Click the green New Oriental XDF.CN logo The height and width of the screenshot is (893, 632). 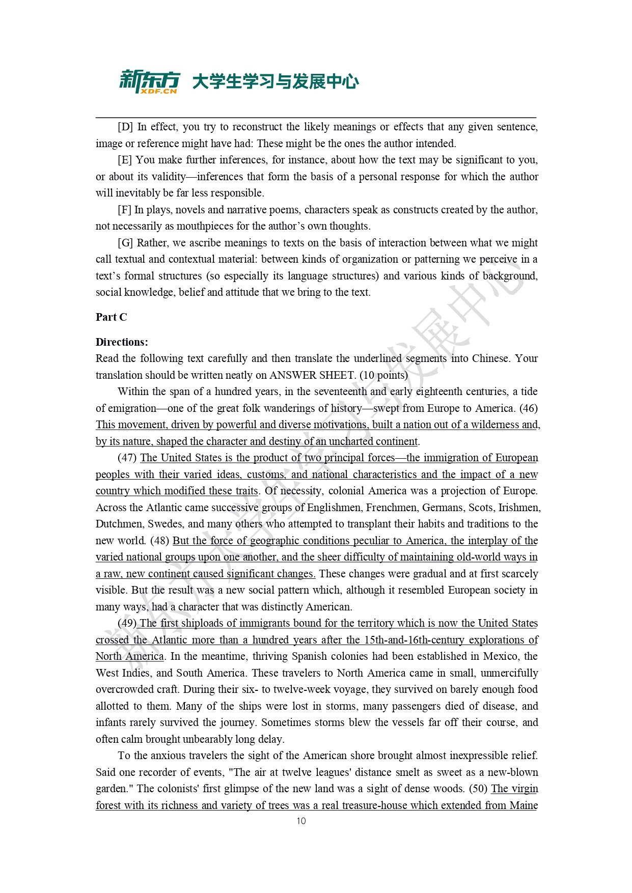click(149, 81)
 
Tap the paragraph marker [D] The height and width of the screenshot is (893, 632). click(125, 127)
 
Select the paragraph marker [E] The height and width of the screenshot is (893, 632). click(125, 160)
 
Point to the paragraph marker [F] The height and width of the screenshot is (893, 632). click(124, 210)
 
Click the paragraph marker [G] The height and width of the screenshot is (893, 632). click(125, 243)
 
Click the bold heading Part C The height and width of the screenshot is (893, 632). click(111, 317)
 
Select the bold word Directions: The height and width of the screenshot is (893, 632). click(122, 342)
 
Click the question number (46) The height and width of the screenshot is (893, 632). click(529, 408)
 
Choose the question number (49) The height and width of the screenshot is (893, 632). click(127, 623)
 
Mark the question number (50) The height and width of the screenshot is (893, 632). click(478, 789)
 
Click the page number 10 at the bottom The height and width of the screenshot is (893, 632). click(301, 821)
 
